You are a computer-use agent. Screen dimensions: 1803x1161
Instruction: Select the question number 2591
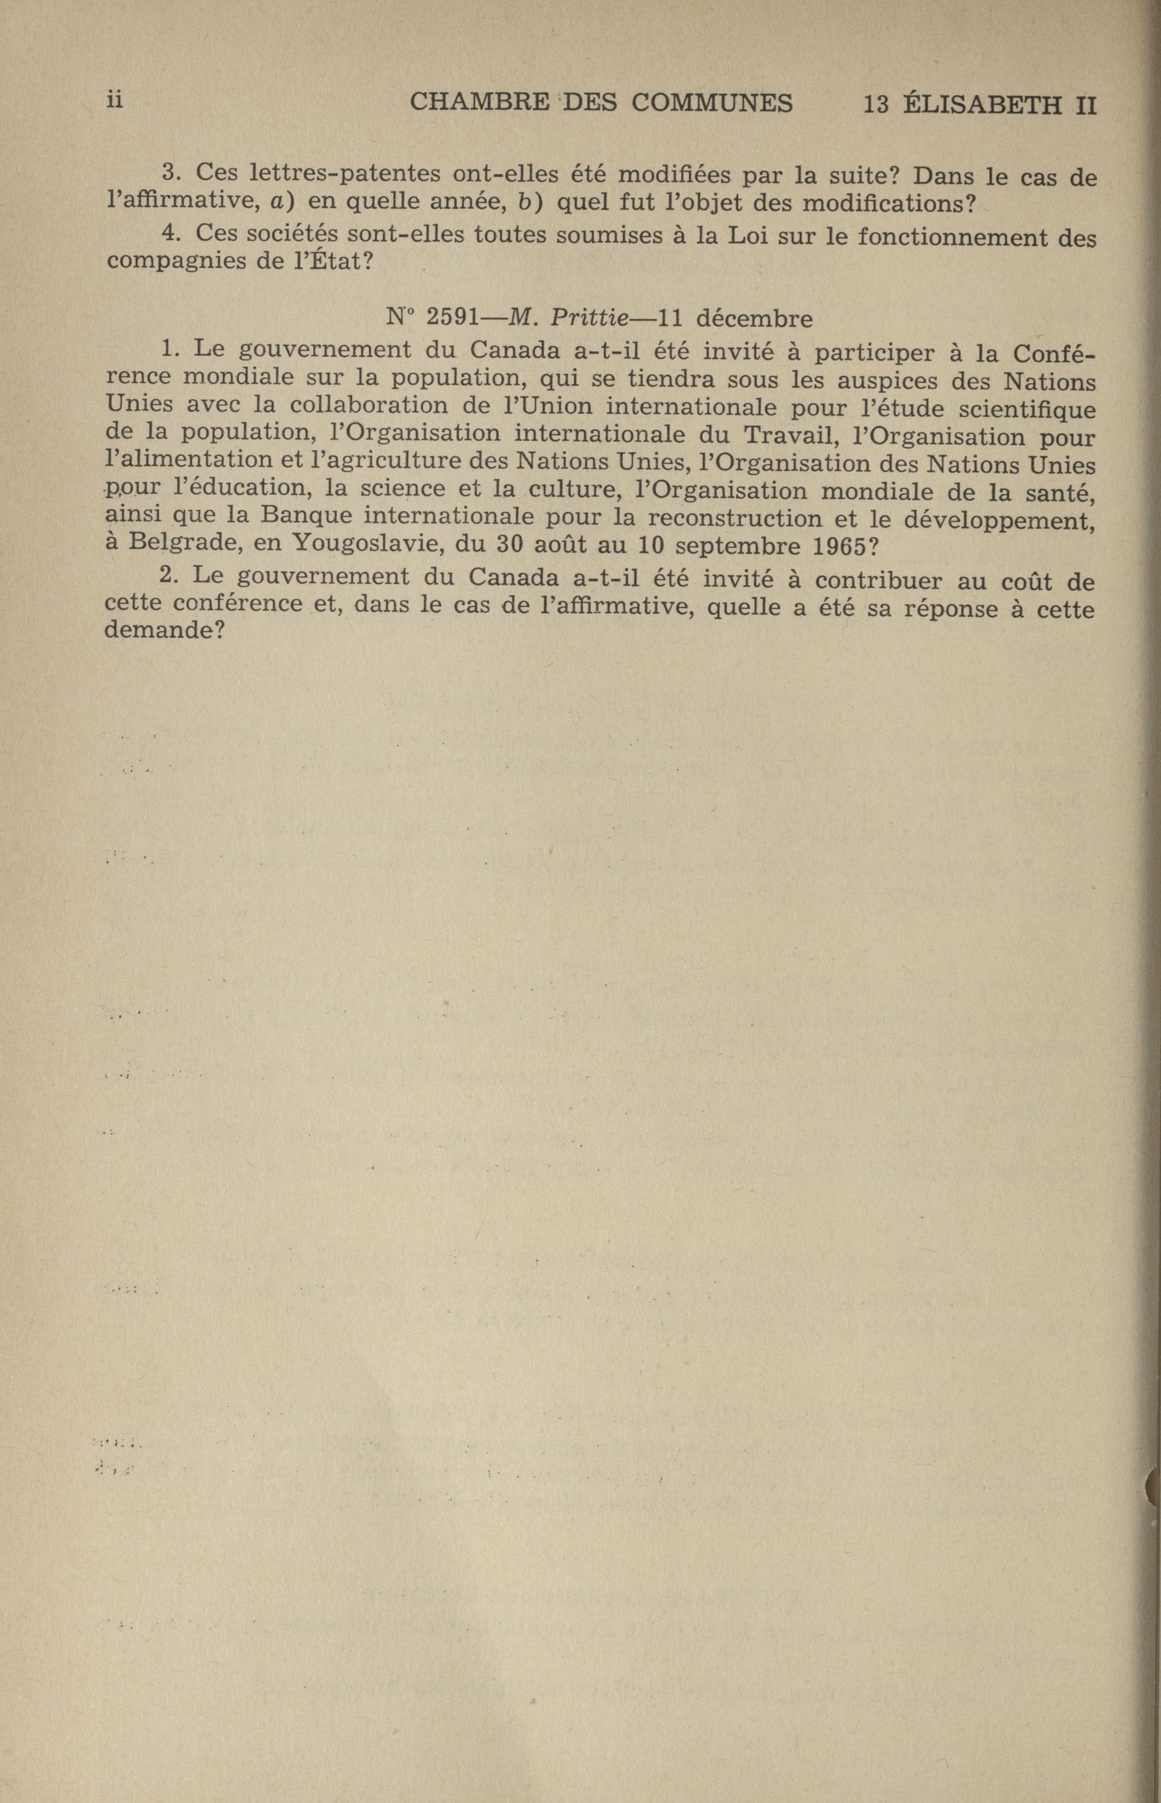[x=452, y=318]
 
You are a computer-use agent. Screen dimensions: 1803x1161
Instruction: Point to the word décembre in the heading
[x=754, y=319]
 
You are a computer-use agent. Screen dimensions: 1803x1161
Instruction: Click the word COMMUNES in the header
[x=712, y=103]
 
